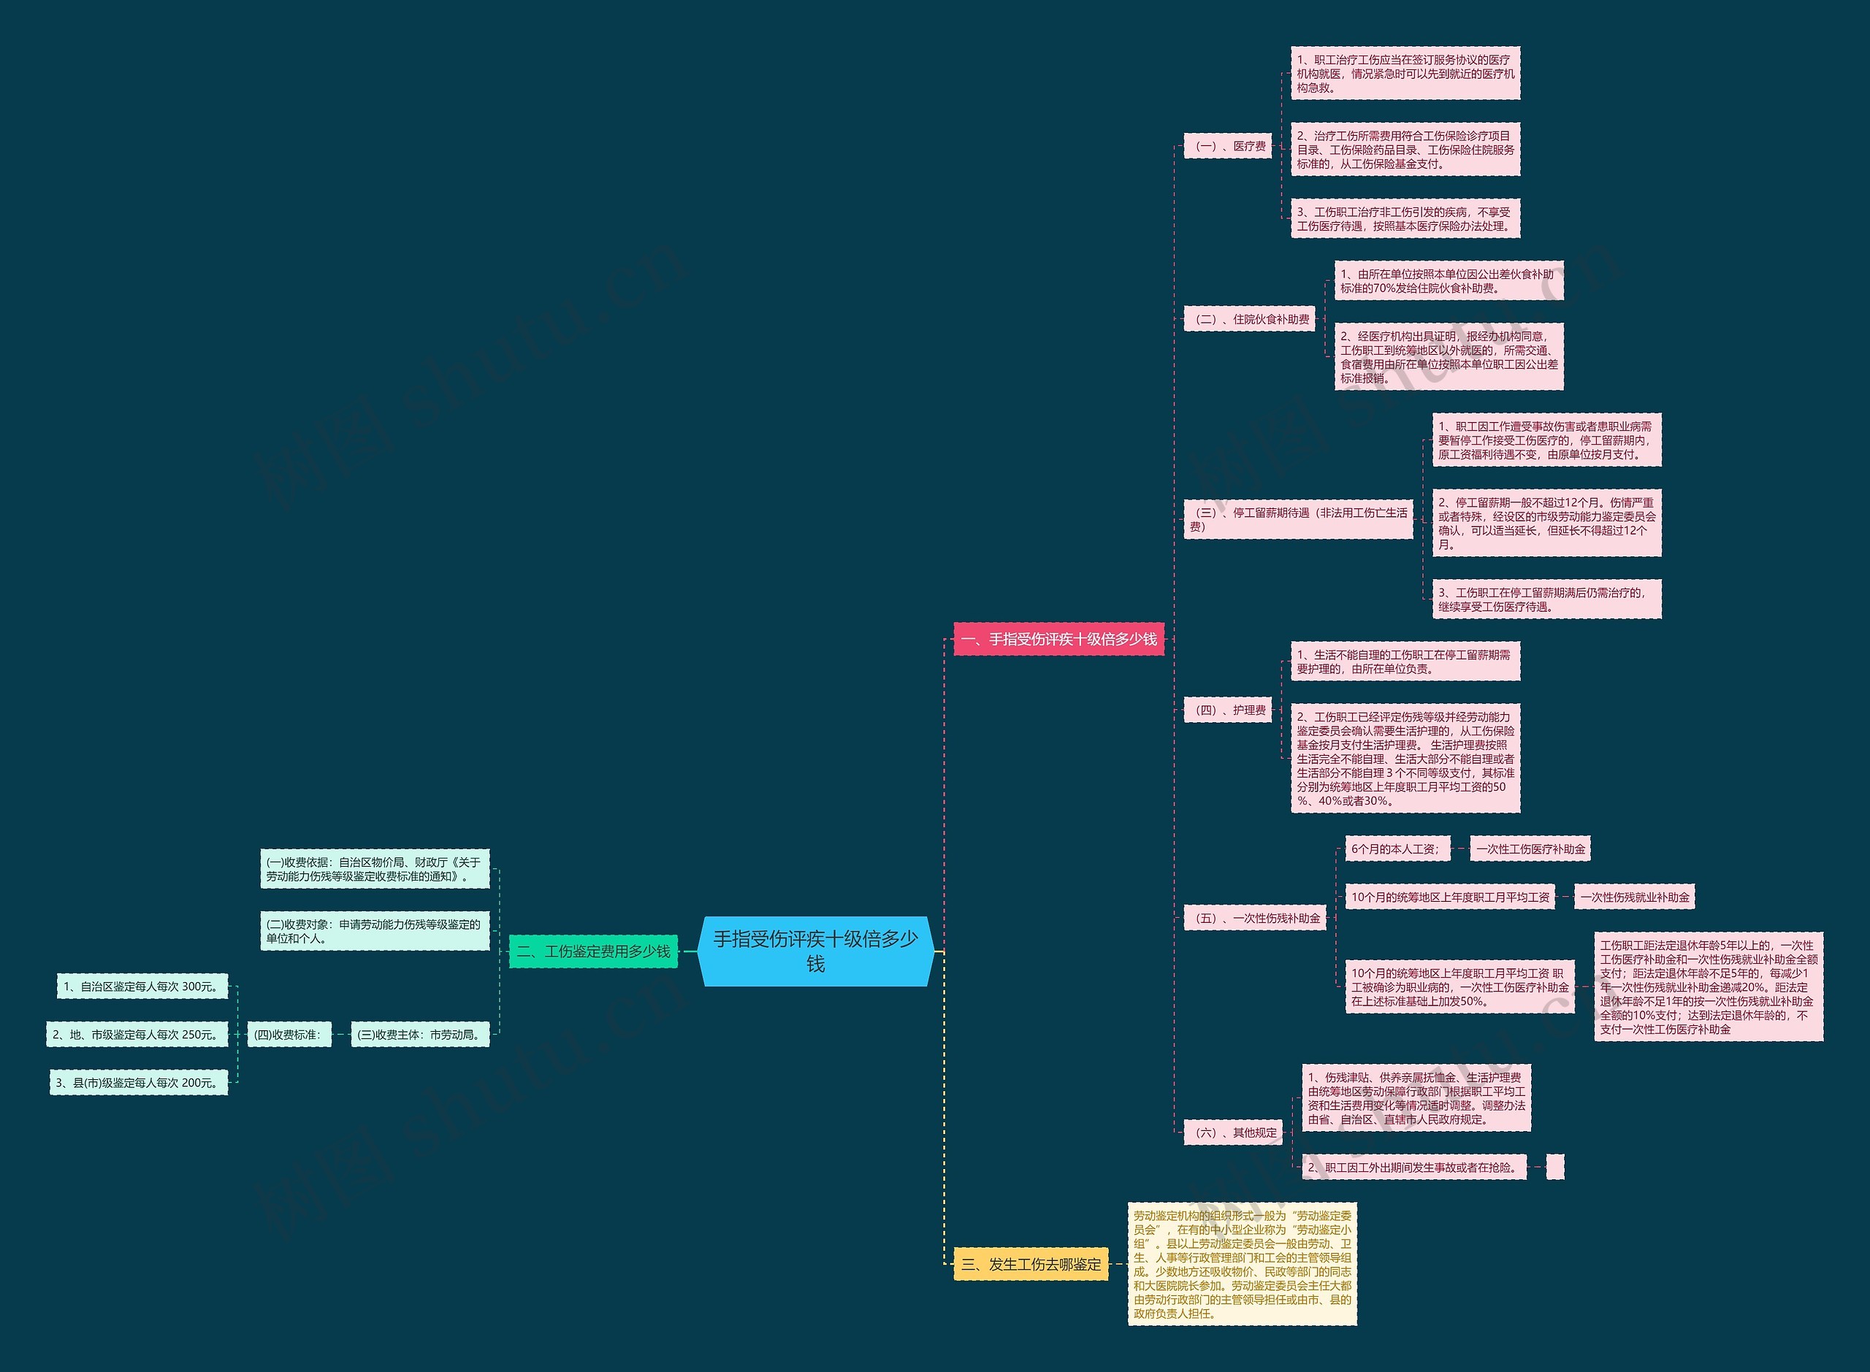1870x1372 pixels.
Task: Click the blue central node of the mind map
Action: click(815, 951)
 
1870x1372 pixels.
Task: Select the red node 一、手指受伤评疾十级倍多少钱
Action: click(1058, 639)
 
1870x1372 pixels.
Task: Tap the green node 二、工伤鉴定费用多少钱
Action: click(593, 951)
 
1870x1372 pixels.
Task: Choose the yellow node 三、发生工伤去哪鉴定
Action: click(1030, 1264)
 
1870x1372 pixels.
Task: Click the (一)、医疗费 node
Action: click(1227, 146)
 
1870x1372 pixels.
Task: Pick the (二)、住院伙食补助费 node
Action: click(1248, 319)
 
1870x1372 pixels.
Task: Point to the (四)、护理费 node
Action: click(1227, 710)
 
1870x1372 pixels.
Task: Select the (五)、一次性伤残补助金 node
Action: click(1254, 919)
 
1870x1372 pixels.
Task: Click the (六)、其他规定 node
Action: click(1233, 1132)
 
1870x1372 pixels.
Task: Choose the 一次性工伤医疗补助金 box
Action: click(1530, 848)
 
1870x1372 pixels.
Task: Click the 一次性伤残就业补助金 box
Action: click(1634, 897)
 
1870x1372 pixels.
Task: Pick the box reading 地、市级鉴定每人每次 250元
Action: click(137, 1035)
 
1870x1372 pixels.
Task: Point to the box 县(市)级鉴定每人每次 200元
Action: click(139, 1083)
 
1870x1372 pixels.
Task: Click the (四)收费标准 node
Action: click(289, 1035)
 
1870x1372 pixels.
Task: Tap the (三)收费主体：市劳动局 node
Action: click(419, 1035)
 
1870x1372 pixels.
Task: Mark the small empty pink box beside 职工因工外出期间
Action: click(1554, 1167)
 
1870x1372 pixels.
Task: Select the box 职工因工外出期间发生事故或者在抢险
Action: click(1414, 1167)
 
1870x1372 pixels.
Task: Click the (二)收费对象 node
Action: click(374, 931)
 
